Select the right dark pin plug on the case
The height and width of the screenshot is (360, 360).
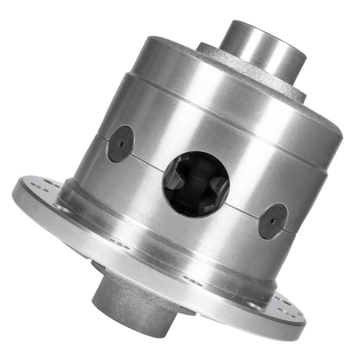point(273,221)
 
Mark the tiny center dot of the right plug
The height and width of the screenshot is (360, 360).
point(273,221)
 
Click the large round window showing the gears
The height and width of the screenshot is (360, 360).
point(195,182)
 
